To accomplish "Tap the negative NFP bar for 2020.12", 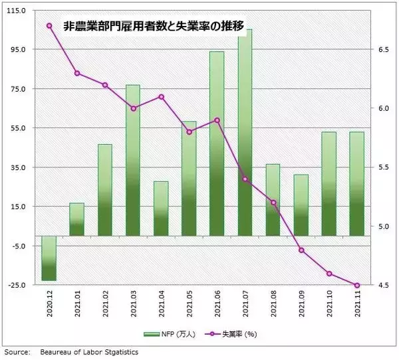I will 49,258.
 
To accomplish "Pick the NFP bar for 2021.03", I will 133,159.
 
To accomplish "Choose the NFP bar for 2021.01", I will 77,219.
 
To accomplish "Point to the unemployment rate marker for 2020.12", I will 49,25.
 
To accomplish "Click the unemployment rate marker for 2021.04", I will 161,97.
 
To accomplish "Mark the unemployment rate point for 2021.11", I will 357,286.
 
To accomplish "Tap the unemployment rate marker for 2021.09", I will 301,250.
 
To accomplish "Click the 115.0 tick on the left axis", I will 17,11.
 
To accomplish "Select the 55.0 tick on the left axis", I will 18,129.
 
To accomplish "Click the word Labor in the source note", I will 89,352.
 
